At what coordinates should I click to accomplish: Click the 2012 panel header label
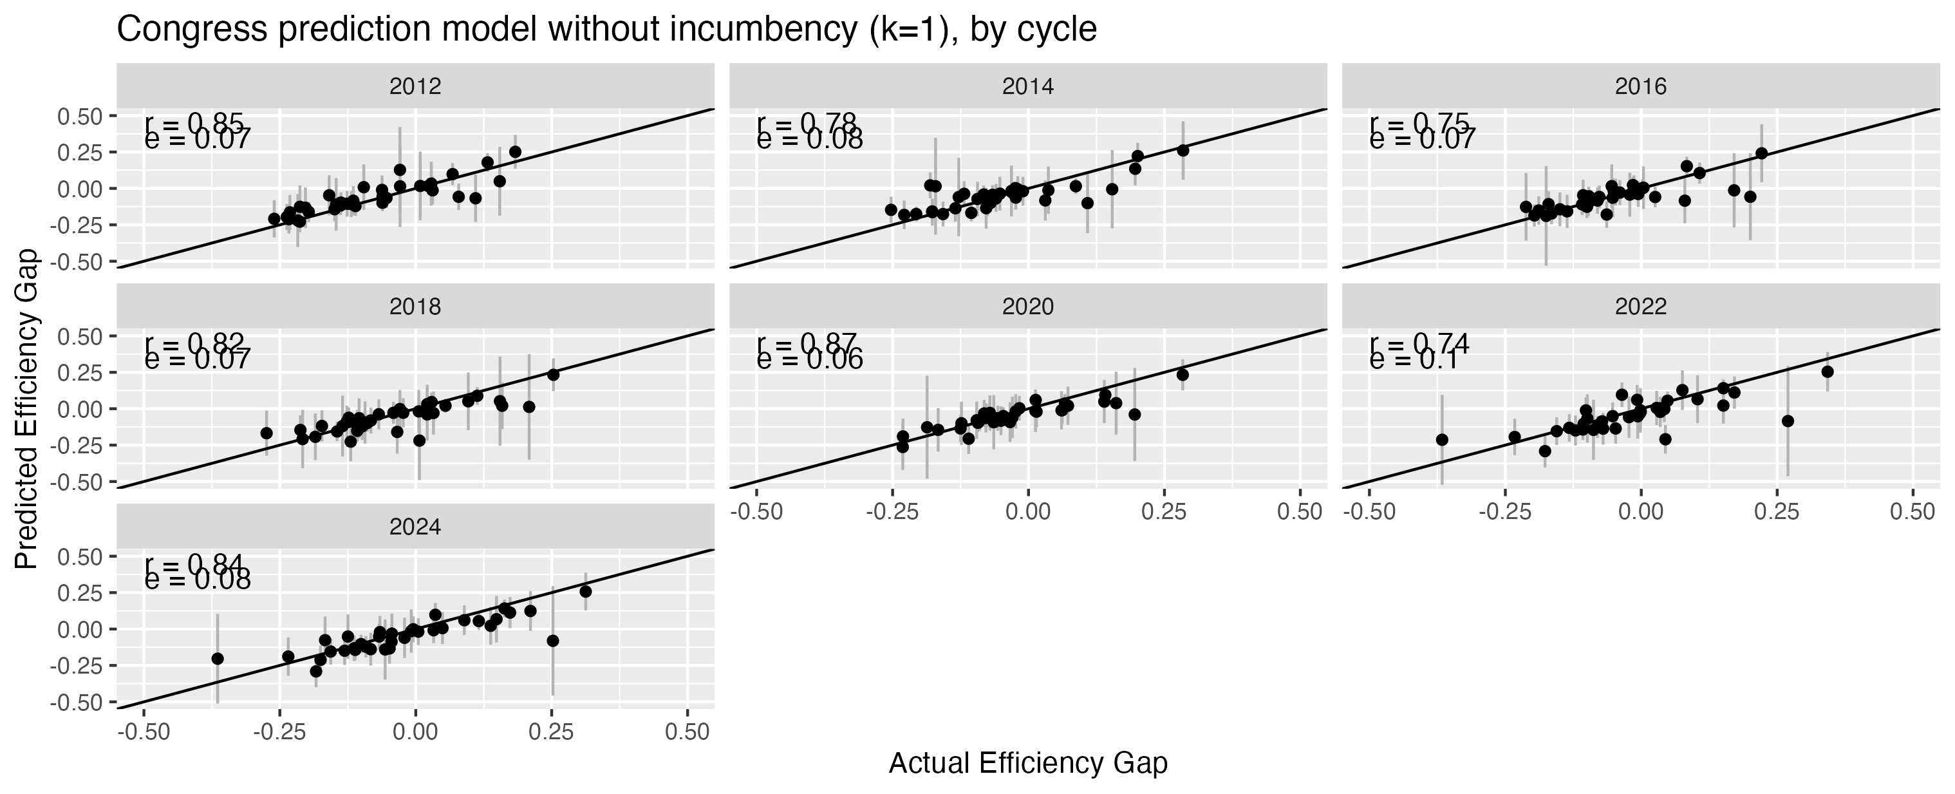pyautogui.click(x=415, y=86)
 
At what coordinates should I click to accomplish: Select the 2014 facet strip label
pyautogui.click(x=1027, y=86)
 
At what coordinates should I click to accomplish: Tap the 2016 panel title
pyautogui.click(x=1640, y=86)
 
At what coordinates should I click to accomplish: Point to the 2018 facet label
pyautogui.click(x=415, y=307)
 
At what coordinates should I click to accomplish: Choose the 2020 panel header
pyautogui.click(x=1027, y=307)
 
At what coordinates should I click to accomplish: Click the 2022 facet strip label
pyautogui.click(x=1640, y=307)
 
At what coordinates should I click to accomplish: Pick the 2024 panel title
pyautogui.click(x=415, y=527)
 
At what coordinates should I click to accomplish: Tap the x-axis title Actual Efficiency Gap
pyautogui.click(x=1027, y=764)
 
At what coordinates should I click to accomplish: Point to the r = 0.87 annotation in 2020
pyautogui.click(x=806, y=343)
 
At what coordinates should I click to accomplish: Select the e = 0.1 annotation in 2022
pyautogui.click(x=1413, y=360)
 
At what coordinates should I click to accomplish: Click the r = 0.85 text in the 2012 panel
pyautogui.click(x=194, y=122)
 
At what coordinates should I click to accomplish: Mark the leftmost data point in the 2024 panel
pyautogui.click(x=218, y=658)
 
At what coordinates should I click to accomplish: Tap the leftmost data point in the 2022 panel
pyautogui.click(x=1442, y=440)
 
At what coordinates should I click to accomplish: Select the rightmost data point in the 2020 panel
pyautogui.click(x=1183, y=374)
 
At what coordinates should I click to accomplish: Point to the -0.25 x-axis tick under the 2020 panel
pyautogui.click(x=892, y=511)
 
